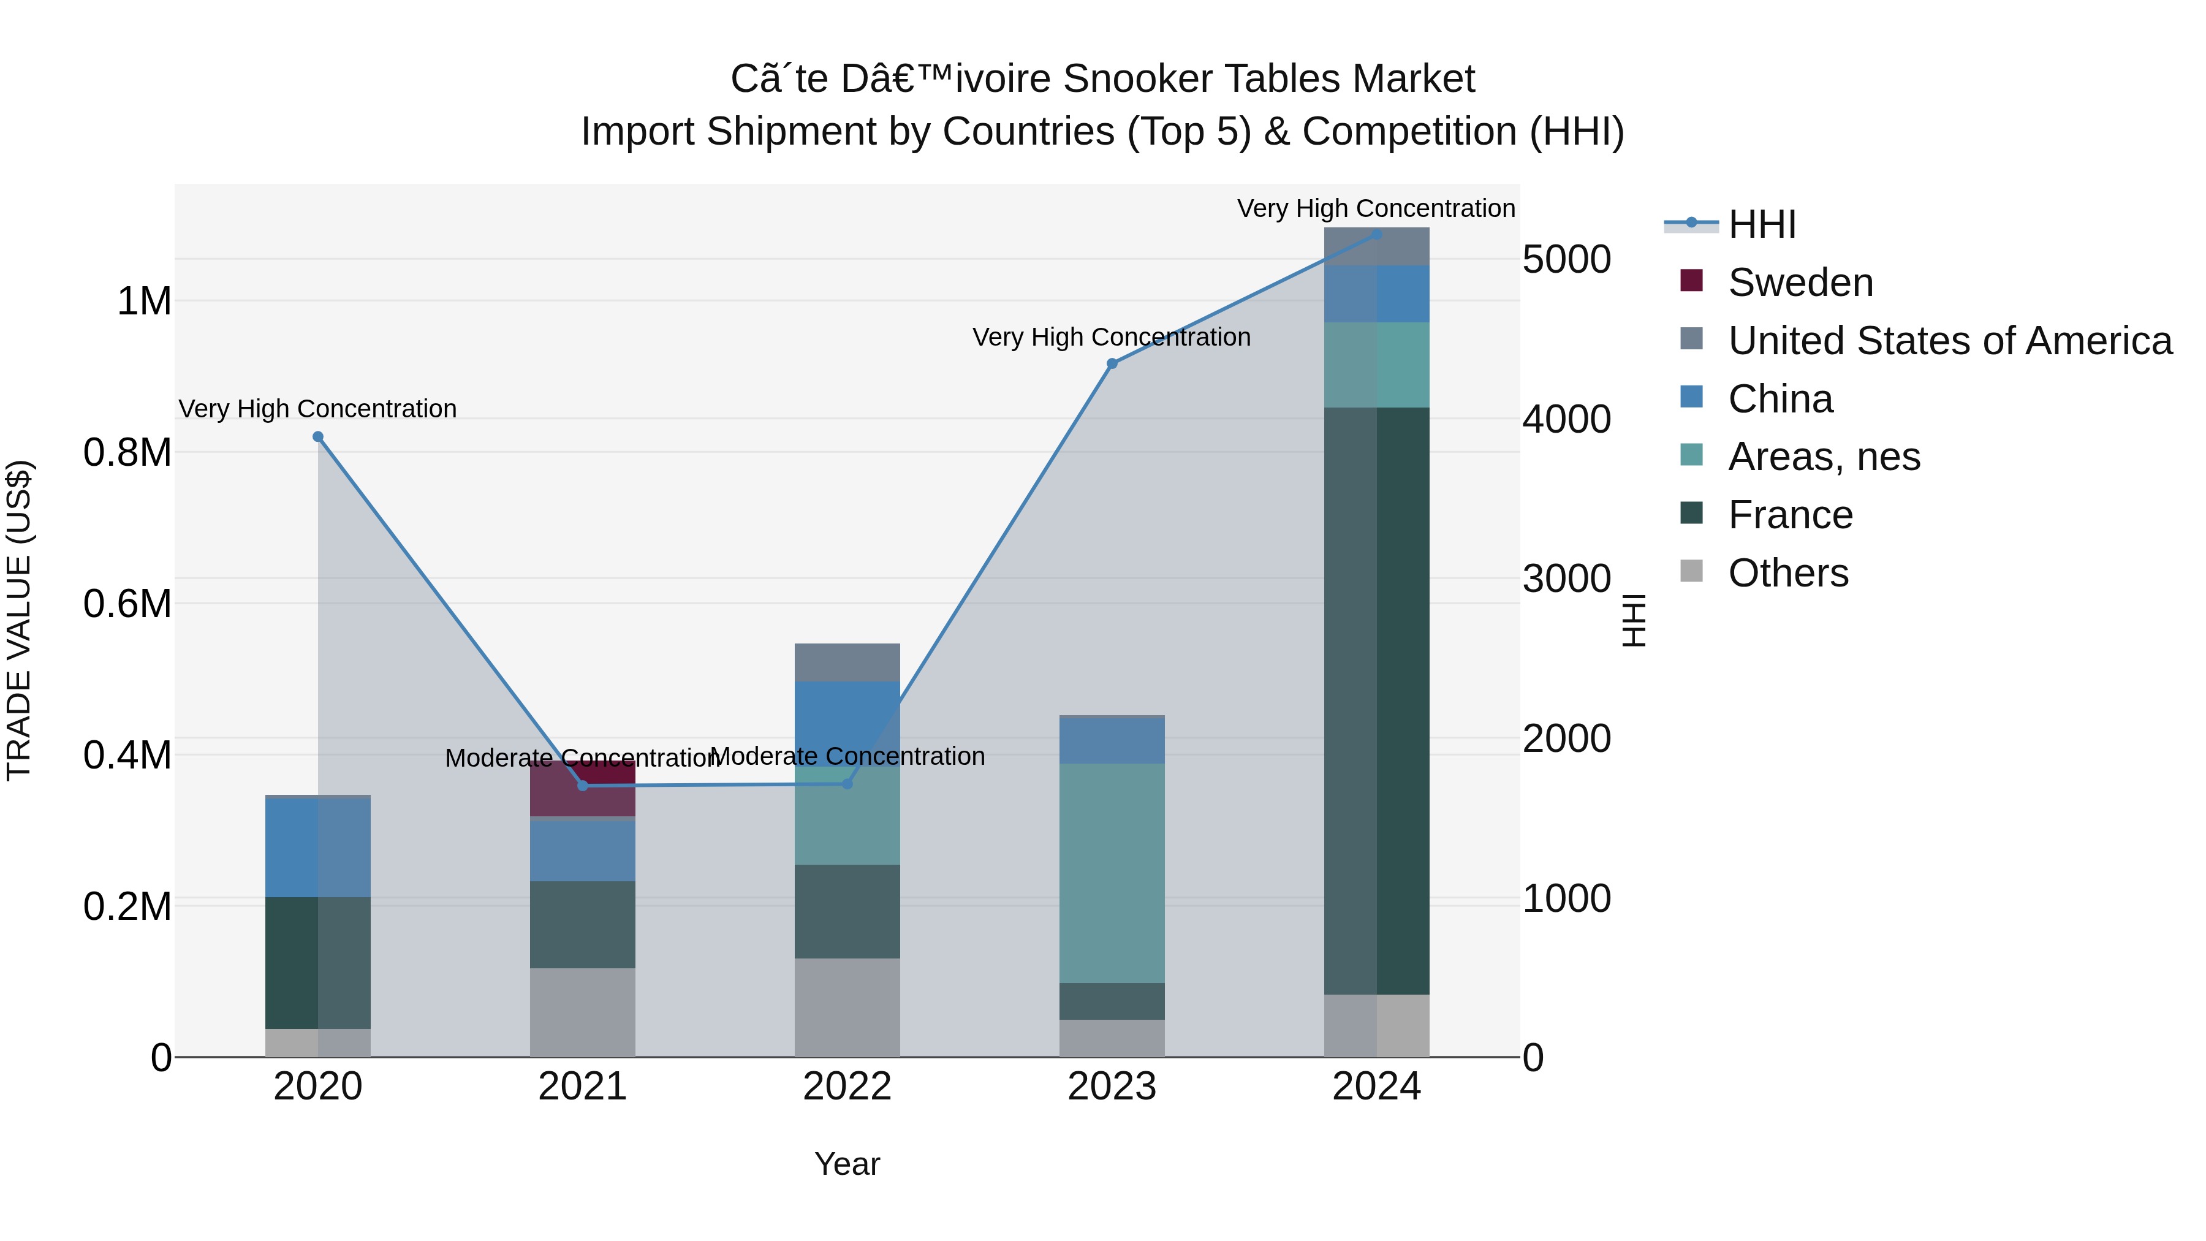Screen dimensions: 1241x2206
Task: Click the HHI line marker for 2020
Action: [317, 437]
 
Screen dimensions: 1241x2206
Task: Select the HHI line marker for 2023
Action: [1112, 364]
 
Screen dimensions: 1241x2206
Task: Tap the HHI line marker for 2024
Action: [1376, 235]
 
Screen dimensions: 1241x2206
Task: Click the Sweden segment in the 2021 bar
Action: [582, 789]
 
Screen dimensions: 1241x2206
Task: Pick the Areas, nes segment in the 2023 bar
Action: [1112, 873]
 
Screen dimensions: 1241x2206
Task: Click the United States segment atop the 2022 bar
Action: [847, 662]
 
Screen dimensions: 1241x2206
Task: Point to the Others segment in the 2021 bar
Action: [582, 1012]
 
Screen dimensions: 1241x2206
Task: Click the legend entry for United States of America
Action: [1949, 341]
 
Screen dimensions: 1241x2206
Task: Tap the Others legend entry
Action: [1787, 573]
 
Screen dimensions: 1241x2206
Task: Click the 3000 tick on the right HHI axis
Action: [1566, 579]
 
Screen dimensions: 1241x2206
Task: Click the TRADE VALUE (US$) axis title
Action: [20, 620]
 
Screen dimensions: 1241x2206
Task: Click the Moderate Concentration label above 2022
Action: [847, 756]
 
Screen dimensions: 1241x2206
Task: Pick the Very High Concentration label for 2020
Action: [317, 409]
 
